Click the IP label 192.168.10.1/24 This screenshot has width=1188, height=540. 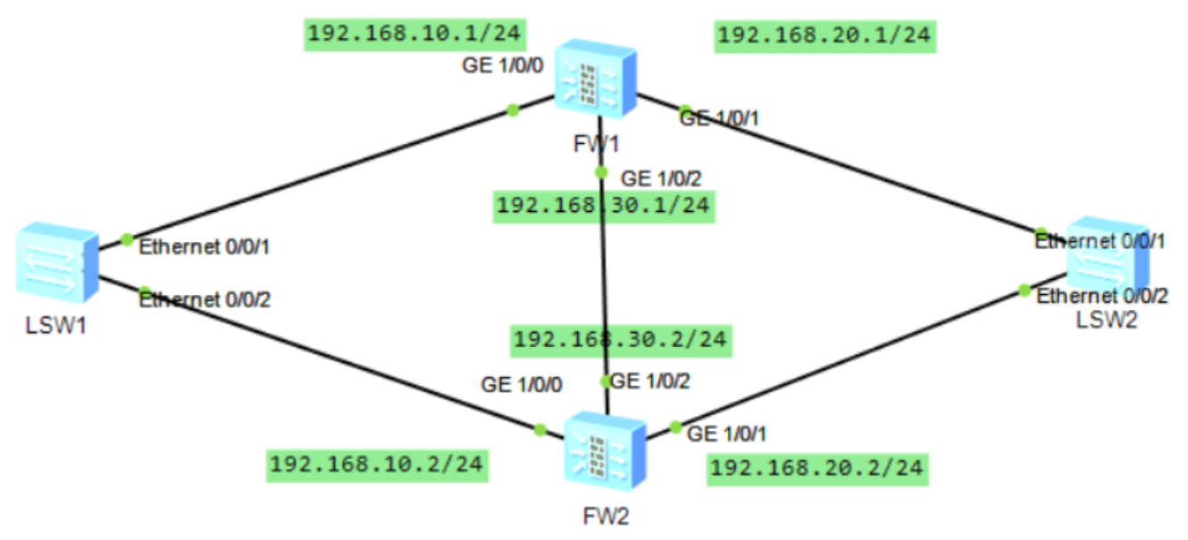click(414, 34)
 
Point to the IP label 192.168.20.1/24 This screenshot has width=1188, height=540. click(824, 35)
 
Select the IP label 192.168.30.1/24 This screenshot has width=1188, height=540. click(603, 205)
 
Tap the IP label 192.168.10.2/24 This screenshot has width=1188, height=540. click(378, 465)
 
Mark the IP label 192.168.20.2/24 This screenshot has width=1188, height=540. click(816, 468)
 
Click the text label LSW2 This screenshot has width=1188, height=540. click(1107, 320)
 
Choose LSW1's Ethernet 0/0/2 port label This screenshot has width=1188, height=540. click(205, 300)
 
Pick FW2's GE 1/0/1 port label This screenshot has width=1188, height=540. click(726, 435)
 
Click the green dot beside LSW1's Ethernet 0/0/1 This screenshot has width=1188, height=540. click(127, 239)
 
